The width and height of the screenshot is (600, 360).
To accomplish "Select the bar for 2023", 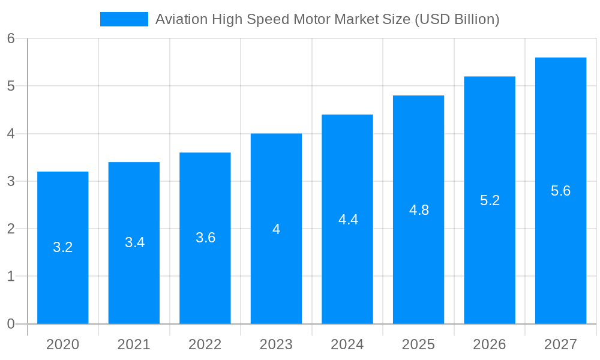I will click(x=276, y=270).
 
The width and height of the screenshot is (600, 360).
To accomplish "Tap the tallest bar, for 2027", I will click(x=560, y=252).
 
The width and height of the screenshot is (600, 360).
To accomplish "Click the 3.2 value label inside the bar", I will click(x=63, y=247).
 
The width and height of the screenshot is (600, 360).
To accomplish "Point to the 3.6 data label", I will click(x=205, y=238).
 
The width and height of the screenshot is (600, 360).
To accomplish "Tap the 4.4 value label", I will click(x=348, y=220).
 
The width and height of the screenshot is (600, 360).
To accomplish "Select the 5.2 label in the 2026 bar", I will click(x=490, y=200).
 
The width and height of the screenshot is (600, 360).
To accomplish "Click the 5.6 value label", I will click(x=560, y=191).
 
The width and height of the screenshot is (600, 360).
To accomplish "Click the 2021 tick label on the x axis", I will click(x=134, y=344).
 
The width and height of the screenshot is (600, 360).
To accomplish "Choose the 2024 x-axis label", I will click(x=347, y=344).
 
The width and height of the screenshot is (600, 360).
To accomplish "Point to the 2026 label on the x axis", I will click(x=490, y=344).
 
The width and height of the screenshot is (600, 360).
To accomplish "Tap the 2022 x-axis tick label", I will click(x=205, y=344).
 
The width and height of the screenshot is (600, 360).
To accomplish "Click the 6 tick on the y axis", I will click(x=11, y=38).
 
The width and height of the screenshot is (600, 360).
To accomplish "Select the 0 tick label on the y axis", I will click(x=11, y=324).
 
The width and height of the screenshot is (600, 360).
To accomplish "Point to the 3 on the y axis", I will click(x=11, y=181).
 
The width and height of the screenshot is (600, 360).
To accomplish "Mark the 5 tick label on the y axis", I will click(x=11, y=86).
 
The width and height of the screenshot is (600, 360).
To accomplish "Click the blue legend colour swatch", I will click(x=124, y=19).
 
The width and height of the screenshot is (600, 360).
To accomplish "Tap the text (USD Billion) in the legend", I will click(x=457, y=19).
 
